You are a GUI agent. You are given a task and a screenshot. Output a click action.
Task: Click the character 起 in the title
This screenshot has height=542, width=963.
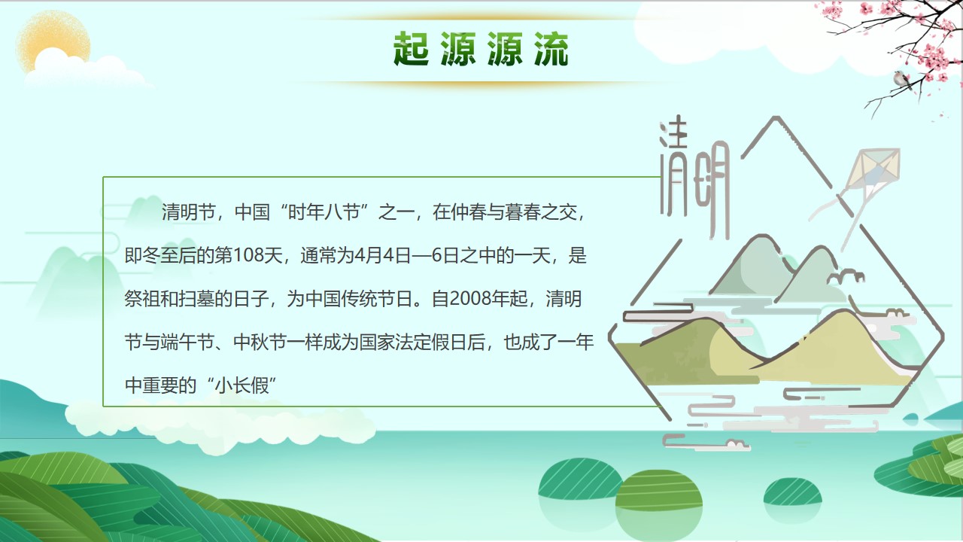411,49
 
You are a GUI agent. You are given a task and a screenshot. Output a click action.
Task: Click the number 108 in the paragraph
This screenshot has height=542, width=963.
248,255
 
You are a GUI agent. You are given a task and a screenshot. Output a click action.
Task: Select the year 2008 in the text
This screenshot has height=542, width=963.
470,299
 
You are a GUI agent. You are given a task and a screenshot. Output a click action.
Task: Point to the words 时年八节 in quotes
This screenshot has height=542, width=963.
324,212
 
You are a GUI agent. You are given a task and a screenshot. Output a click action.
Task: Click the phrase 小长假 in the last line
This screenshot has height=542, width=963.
242,385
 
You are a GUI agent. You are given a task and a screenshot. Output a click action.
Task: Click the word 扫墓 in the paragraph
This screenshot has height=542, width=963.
196,299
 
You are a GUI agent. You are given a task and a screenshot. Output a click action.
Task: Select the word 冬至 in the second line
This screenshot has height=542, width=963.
160,255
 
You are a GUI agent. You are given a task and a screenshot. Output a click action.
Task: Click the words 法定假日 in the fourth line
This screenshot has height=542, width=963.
432,343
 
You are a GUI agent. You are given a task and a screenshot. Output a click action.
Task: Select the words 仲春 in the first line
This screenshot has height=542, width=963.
468,212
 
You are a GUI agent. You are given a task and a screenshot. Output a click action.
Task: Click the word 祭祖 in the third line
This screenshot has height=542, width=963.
142,299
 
